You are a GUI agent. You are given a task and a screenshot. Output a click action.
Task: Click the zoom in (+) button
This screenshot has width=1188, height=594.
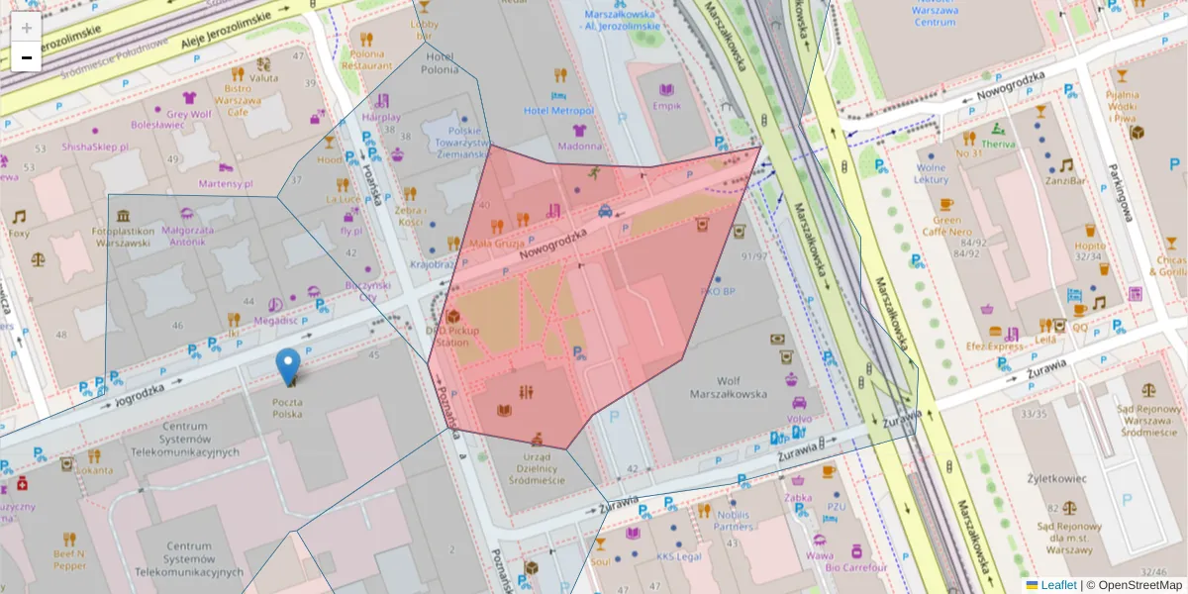[26, 28]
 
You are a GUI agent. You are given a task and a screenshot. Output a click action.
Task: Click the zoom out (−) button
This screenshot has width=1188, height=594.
[26, 57]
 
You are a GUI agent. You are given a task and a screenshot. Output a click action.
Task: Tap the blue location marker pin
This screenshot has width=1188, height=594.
[288, 366]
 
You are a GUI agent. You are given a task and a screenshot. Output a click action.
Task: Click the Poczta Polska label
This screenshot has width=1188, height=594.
[289, 409]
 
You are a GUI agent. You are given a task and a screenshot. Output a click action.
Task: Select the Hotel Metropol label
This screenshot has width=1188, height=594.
[558, 111]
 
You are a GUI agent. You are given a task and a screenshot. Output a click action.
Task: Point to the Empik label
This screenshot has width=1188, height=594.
[666, 106]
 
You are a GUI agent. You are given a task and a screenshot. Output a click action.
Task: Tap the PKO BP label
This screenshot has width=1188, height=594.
[717, 292]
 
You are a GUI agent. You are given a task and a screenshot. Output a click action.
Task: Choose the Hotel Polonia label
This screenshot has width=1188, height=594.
[440, 63]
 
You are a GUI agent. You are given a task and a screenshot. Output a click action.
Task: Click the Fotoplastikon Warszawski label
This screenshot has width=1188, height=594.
[125, 237]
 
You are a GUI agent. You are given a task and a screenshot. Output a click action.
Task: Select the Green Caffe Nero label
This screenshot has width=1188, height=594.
[946, 227]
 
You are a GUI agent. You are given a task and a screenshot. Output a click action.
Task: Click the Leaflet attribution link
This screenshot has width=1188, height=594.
[1058, 585]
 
